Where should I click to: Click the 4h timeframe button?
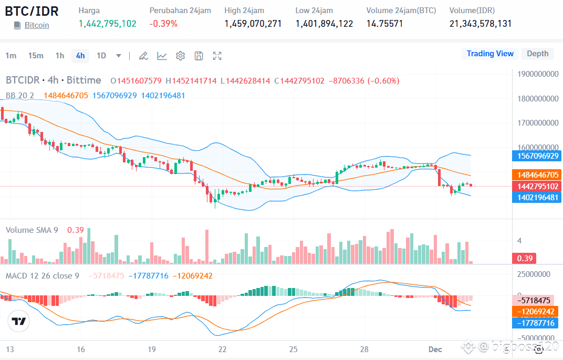[x=80, y=56]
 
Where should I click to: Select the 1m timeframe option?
[x=11, y=56]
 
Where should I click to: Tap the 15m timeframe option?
[x=36, y=56]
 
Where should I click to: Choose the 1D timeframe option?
[x=101, y=56]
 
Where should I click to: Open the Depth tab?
[x=537, y=54]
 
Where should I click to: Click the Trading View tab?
[x=490, y=54]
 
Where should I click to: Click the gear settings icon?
[x=180, y=56]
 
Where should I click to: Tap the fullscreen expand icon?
[x=217, y=56]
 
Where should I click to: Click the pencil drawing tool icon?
[x=143, y=56]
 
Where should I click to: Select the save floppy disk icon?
[x=199, y=56]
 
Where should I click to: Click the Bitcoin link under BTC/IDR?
[x=37, y=25]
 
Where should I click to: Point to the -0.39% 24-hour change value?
[x=163, y=24]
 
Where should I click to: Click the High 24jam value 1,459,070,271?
[x=253, y=24]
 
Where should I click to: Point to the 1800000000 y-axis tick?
[x=537, y=98]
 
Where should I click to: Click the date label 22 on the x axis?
[x=223, y=349]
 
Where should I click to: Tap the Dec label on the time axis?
[x=435, y=349]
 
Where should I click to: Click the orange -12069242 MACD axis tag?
[x=535, y=312]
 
